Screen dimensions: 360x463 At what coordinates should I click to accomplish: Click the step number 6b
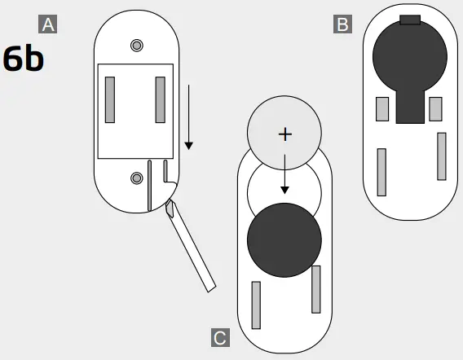point(24,60)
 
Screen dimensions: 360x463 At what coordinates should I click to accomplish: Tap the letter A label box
point(49,24)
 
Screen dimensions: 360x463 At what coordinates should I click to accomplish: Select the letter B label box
point(342,24)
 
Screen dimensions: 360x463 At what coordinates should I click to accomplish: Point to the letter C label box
point(219,337)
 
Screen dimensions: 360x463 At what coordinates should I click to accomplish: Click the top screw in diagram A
point(137,44)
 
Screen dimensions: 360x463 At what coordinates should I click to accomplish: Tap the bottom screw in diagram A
point(137,178)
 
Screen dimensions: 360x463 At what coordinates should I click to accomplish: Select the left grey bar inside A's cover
point(110,99)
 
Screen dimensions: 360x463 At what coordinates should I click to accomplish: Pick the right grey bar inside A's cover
point(161,99)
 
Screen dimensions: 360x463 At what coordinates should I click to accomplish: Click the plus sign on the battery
point(284,134)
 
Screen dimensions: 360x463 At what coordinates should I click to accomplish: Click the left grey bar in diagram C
point(256,305)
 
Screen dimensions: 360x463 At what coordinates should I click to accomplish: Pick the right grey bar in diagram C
point(315,289)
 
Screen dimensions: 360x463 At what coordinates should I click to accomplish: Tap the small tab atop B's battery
point(411,19)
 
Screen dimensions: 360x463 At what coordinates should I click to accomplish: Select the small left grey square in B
point(381,108)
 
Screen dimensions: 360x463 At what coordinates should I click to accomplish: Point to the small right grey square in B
point(435,108)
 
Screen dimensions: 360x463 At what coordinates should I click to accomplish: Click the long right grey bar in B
point(442,156)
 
